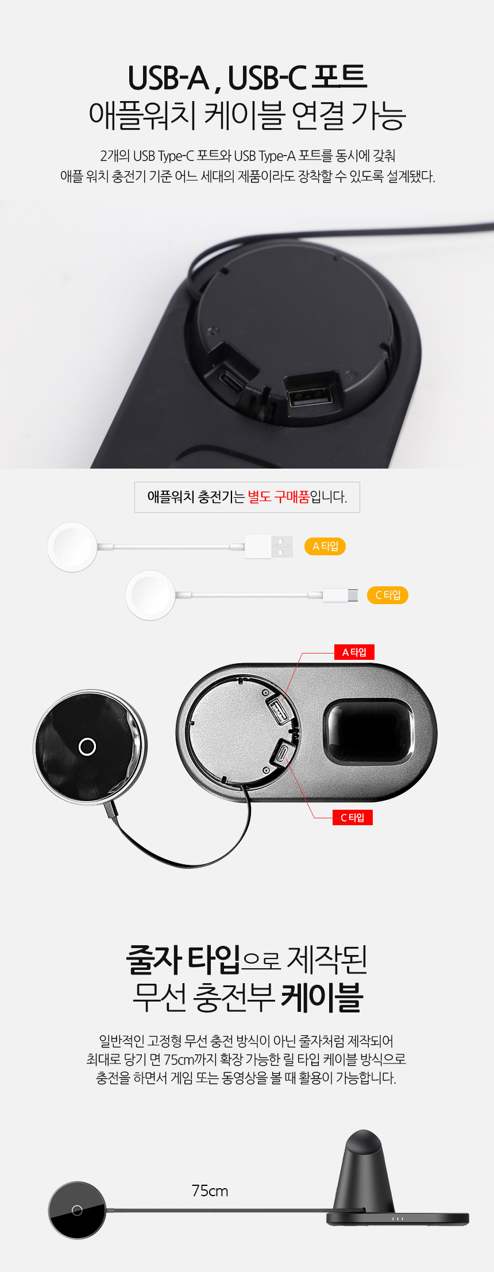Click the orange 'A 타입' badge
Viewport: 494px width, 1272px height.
[325, 546]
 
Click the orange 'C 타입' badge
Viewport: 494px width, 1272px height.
[388, 595]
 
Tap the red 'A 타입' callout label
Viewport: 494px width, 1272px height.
[354, 652]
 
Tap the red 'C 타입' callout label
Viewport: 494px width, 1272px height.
[353, 817]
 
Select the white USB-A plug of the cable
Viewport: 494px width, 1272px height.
[269, 547]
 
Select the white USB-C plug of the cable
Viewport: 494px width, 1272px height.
[340, 596]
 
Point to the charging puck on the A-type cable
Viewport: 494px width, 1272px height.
[72, 547]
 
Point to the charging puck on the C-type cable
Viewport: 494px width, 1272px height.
[150, 595]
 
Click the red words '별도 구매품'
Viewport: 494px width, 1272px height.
[279, 497]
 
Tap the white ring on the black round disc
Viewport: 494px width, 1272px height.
[87, 747]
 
